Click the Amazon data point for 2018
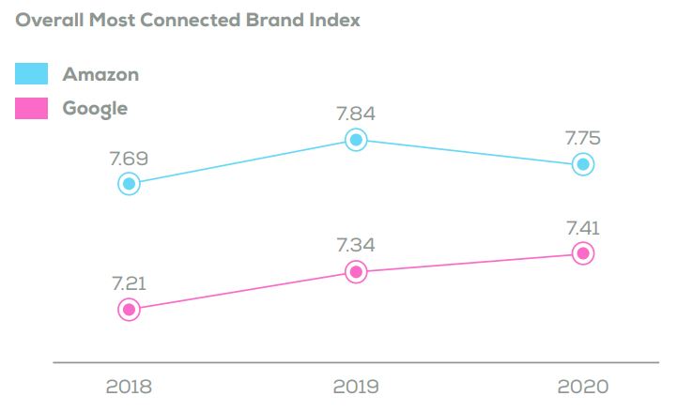[130, 183]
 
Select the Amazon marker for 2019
[355, 140]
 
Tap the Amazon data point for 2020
[583, 164]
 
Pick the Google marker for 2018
[130, 309]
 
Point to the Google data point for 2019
[355, 272]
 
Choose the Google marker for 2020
[583, 252]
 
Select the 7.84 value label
[355, 113]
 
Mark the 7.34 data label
[355, 245]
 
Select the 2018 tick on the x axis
[130, 386]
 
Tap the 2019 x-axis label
[355, 386]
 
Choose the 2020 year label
[583, 386]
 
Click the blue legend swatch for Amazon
[32, 74]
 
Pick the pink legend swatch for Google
[32, 108]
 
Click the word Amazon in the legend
[100, 74]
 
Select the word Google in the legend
[95, 108]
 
